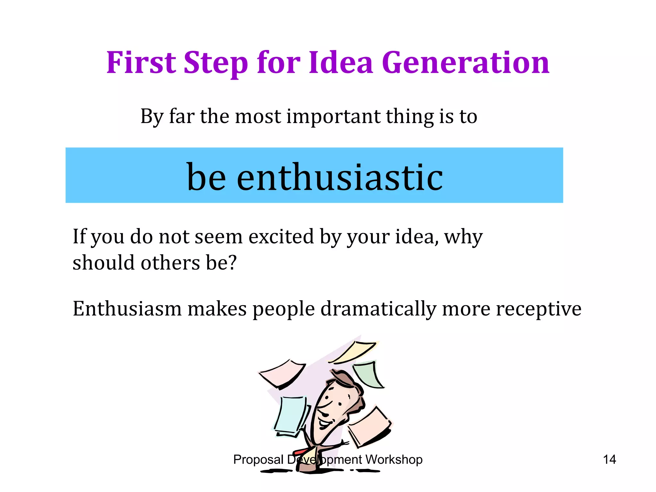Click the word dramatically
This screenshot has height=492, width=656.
click(378, 309)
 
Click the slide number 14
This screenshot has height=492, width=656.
click(609, 460)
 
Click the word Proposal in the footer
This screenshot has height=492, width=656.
click(258, 460)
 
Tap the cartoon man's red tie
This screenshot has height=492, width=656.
click(301, 451)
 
